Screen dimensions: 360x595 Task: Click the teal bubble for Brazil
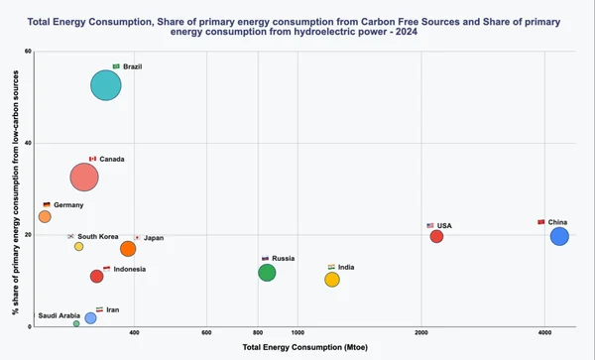point(105,85)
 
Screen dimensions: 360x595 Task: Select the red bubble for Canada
point(85,178)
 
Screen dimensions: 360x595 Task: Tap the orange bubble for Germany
point(45,216)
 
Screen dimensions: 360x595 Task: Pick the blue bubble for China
point(559,236)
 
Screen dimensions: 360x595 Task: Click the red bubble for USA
point(436,236)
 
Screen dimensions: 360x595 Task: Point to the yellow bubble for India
point(332,280)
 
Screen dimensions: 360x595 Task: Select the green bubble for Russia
point(267,273)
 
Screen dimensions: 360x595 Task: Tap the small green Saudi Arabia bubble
point(76,323)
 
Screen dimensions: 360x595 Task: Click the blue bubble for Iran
point(90,318)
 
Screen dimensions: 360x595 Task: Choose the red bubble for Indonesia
point(96,277)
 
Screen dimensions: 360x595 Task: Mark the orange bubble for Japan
point(128,249)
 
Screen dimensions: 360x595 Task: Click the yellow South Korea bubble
point(79,246)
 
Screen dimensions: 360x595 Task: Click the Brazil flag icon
point(116,66)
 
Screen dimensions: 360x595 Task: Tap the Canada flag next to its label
point(93,159)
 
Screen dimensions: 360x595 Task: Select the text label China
point(558,222)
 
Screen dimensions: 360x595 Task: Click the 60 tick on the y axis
point(28,52)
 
